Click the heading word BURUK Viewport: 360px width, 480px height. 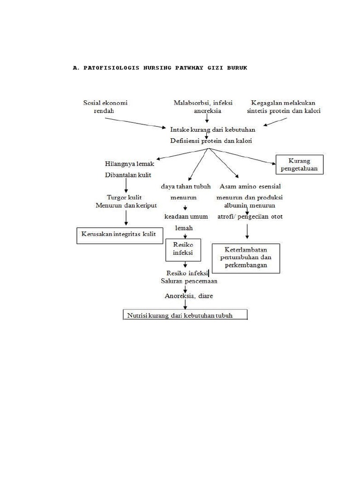[235, 68]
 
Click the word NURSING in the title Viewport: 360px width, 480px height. [148, 68]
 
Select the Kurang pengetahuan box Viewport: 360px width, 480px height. [300, 165]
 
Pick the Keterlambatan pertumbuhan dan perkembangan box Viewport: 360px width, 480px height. [246, 258]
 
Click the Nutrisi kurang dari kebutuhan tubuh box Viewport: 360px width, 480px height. [185, 315]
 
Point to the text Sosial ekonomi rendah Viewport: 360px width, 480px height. [105, 107]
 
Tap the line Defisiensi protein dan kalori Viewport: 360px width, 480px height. [213, 141]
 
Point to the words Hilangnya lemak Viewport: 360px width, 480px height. [127, 164]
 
